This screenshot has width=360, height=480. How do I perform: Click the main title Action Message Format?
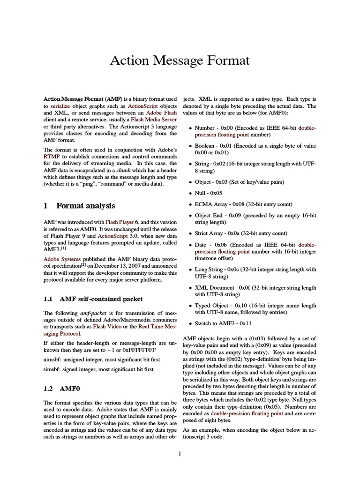click(180, 60)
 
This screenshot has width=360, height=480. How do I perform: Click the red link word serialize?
click(60, 106)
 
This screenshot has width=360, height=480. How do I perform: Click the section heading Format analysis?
click(85, 206)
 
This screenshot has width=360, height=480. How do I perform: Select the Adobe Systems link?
click(62, 259)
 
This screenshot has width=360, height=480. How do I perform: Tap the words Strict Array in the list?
click(210, 233)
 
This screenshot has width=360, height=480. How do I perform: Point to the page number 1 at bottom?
click(180, 454)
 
